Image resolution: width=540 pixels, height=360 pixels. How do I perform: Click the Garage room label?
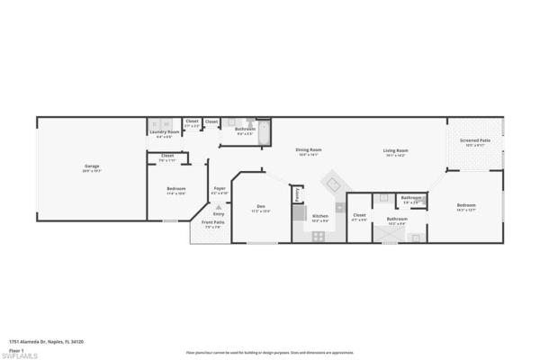(x=92, y=166)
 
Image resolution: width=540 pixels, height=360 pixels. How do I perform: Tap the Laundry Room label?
(x=164, y=132)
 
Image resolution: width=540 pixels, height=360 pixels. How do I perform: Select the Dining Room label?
(x=309, y=150)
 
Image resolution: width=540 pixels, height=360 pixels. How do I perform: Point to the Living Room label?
(x=396, y=151)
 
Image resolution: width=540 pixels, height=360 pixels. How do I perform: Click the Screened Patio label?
(x=475, y=141)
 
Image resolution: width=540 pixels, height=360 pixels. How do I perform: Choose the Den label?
(x=261, y=207)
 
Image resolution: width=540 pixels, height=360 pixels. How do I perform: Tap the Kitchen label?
(x=319, y=216)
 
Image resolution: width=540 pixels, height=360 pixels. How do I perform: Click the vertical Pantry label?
(x=296, y=193)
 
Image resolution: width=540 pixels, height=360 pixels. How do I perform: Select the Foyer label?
(x=220, y=189)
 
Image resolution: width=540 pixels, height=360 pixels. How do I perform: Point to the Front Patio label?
(x=211, y=223)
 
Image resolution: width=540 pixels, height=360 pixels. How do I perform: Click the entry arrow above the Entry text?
(x=219, y=206)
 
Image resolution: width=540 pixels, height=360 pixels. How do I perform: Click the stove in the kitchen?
(x=318, y=236)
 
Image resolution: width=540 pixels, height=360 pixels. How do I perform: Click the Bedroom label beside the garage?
(x=175, y=189)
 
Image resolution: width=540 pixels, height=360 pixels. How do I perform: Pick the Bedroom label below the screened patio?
(x=466, y=205)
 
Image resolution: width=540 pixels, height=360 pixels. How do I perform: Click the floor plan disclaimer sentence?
(x=269, y=352)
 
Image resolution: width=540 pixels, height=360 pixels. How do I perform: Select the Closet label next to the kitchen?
(x=359, y=216)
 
